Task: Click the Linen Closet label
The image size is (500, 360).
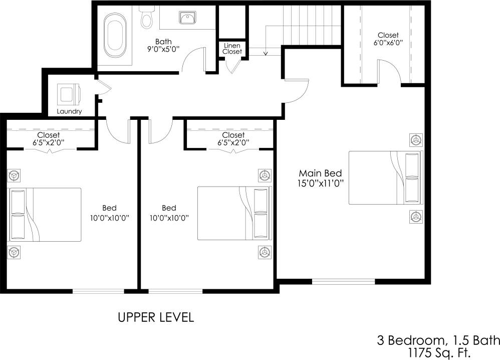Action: tap(232, 49)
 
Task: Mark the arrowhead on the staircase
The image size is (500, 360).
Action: tap(266, 52)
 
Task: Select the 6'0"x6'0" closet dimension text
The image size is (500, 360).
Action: tap(388, 44)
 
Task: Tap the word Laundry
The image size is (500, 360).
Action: tap(69, 111)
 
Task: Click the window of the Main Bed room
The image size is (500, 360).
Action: tap(343, 281)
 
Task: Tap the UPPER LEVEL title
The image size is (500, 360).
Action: tap(156, 317)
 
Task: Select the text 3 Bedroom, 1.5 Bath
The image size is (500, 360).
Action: tap(438, 340)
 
